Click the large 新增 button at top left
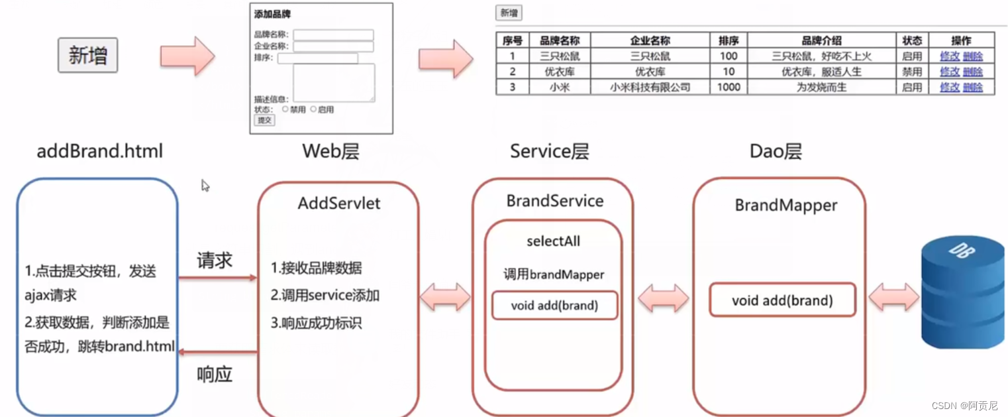pyautogui.click(x=87, y=55)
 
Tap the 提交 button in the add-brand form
pyautogui.click(x=264, y=120)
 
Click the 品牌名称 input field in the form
pyautogui.click(x=334, y=35)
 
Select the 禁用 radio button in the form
pyautogui.click(x=285, y=109)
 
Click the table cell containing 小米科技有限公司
pyautogui.click(x=650, y=87)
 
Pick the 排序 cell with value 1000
pyautogui.click(x=729, y=87)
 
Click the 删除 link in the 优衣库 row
pyautogui.click(x=972, y=72)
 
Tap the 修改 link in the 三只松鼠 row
pyautogui.click(x=950, y=56)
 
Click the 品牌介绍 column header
pyautogui.click(x=821, y=40)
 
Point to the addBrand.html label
pyautogui.click(x=99, y=151)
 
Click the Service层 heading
pyautogui.click(x=549, y=151)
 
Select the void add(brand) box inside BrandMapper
pyautogui.click(x=782, y=300)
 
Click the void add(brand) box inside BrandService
pyautogui.click(x=554, y=306)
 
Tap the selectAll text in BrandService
pyautogui.click(x=553, y=241)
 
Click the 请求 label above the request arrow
pyautogui.click(x=215, y=260)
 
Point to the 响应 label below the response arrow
pyautogui.click(x=215, y=375)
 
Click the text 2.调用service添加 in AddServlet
pyautogui.click(x=325, y=296)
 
